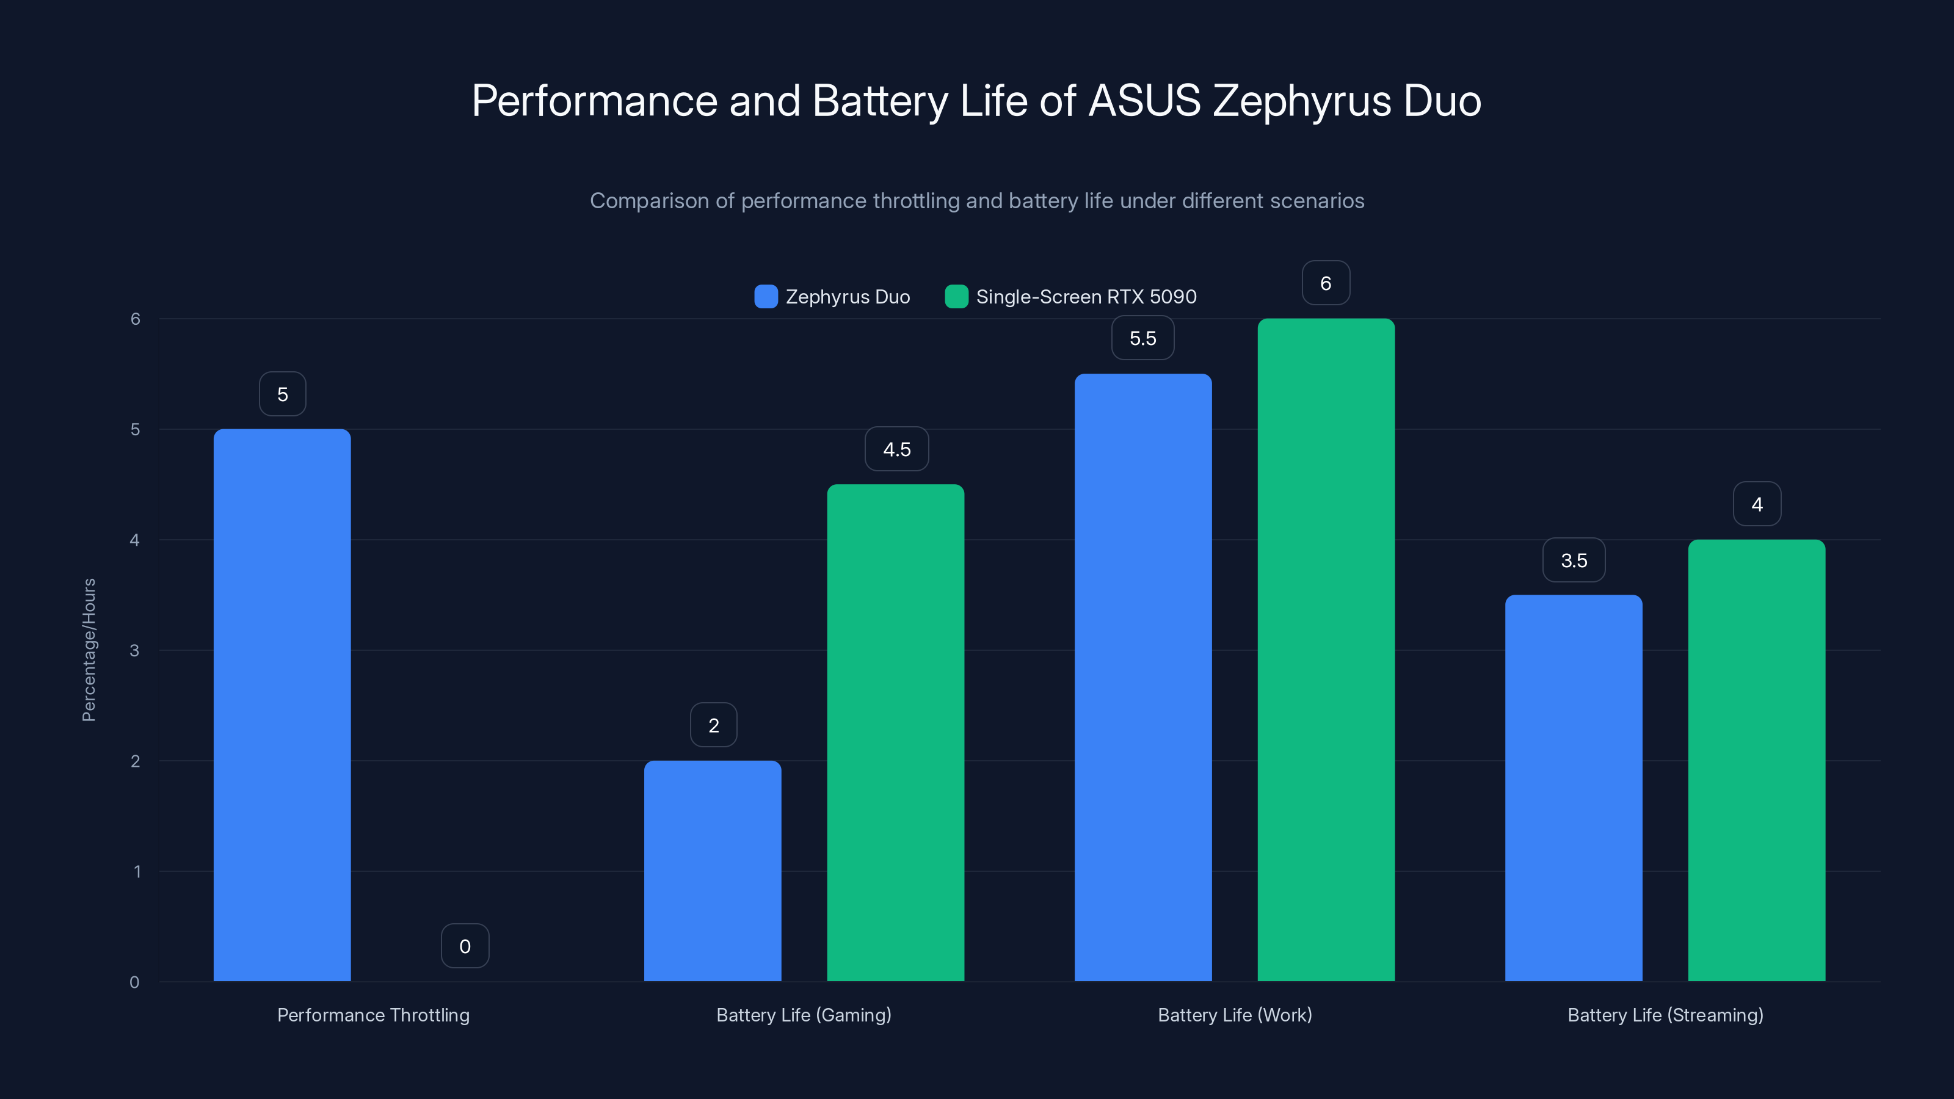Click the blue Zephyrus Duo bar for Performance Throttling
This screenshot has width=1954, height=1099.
[282, 705]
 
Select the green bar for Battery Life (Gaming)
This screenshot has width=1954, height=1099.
[895, 732]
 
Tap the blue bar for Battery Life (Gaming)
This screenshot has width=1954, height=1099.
[712, 870]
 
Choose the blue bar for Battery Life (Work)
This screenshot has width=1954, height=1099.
[1142, 676]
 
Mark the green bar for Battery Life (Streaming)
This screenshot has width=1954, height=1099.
[1756, 760]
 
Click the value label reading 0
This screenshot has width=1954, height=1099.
[465, 946]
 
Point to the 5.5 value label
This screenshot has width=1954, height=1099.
[1142, 338]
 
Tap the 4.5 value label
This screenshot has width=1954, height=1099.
[896, 449]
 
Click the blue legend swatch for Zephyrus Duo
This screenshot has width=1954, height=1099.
[765, 297]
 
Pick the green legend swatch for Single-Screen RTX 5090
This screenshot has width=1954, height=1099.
[956, 297]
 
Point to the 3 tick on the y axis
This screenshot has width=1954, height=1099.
[135, 650]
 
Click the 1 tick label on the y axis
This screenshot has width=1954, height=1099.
[137, 871]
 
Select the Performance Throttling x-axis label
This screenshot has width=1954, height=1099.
[373, 1015]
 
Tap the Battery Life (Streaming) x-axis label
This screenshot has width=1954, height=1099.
[1665, 1015]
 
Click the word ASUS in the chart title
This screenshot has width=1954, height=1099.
[1145, 101]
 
